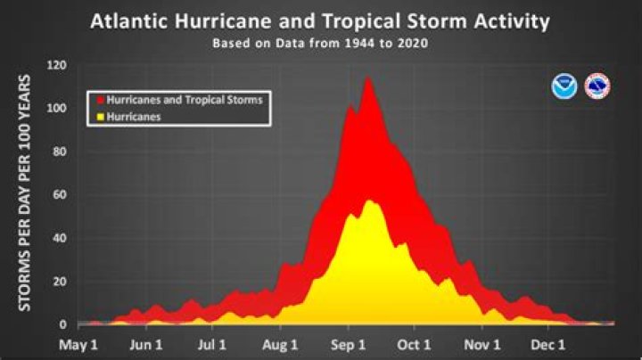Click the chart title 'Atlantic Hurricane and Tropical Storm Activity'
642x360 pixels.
point(319,21)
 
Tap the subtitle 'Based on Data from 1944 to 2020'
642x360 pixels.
point(319,42)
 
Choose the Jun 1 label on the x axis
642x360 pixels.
point(145,345)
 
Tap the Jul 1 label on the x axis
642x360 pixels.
point(212,345)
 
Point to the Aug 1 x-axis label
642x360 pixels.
point(281,345)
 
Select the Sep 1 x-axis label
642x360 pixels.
point(349,345)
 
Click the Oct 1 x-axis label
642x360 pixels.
point(415,345)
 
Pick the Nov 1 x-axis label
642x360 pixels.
point(483,345)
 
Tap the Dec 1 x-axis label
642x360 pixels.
point(549,345)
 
